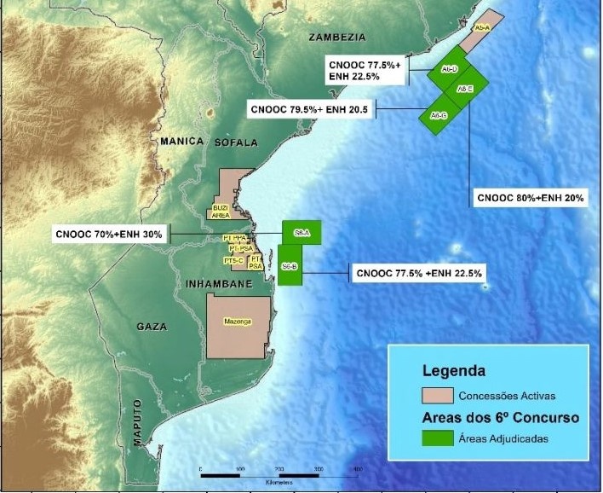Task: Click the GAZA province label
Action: coord(152,327)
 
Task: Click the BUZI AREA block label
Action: coord(220,211)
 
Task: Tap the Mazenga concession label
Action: coord(238,322)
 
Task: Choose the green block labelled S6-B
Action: coord(290,266)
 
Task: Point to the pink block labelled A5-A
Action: coord(482,29)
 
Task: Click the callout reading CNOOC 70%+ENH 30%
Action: coord(110,234)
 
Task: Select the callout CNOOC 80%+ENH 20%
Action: coord(530,198)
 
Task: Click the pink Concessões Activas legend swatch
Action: coord(437,395)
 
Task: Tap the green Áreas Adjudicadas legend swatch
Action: coord(437,438)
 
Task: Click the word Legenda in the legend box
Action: coord(454,371)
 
